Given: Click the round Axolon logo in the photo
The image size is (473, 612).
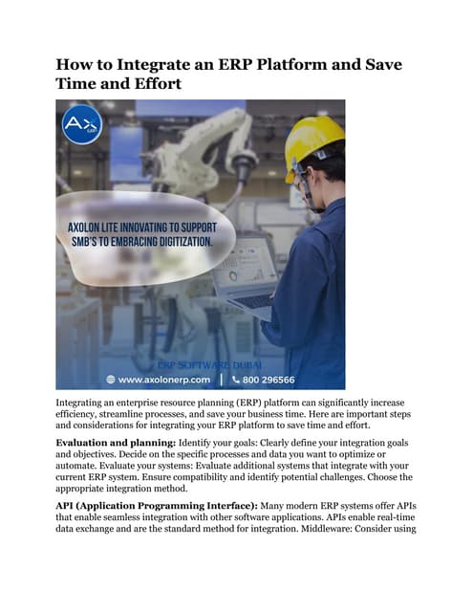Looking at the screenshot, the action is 81,125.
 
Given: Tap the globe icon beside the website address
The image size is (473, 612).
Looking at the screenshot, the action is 112,379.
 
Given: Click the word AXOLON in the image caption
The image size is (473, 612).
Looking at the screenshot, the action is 90,229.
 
